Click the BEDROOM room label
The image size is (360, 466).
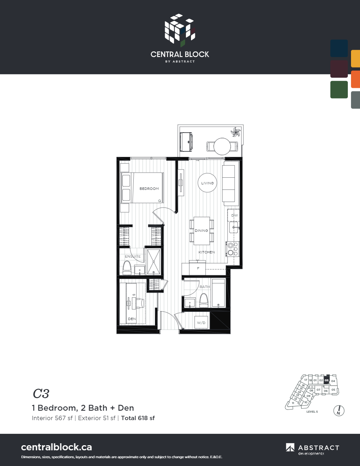149,189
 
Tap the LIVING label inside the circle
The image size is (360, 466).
207,183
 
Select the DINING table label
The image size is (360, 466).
201,231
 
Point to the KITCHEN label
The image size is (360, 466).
206,252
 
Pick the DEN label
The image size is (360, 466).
132,319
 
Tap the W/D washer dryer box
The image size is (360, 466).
202,322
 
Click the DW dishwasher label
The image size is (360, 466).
234,216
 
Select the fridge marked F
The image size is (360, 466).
198,268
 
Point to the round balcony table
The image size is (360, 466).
222,146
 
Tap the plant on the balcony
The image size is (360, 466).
236,132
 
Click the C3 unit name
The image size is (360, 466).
41,393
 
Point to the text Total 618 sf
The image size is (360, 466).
138,418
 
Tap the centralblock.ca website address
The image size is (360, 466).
56,447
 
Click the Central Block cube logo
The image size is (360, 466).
180,29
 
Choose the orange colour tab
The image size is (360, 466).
355,79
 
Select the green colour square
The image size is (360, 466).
339,89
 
